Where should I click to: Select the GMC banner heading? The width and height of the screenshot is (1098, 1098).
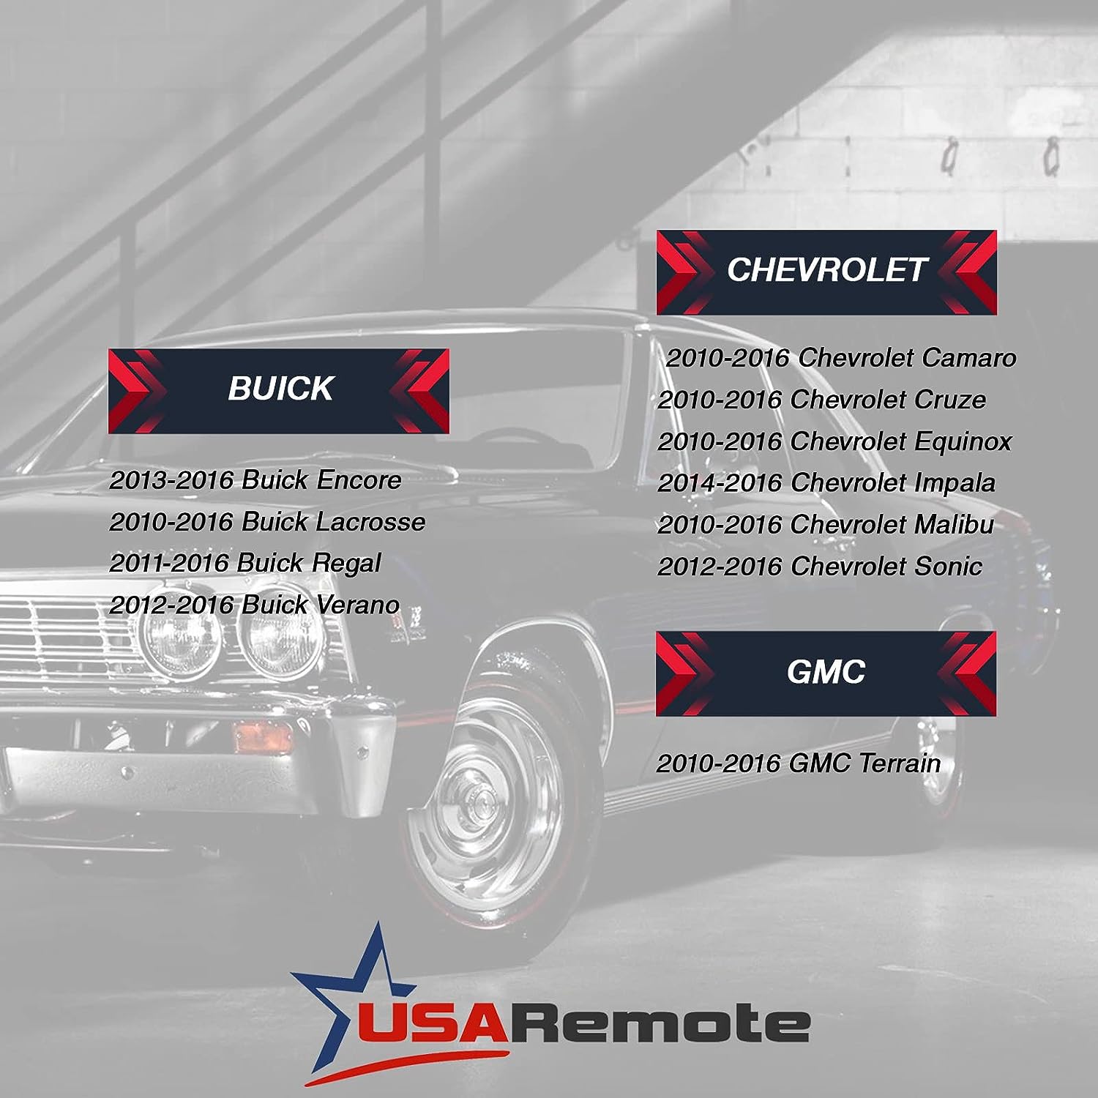pyautogui.click(x=826, y=672)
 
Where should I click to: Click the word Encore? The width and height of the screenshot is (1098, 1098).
pyautogui.click(x=359, y=480)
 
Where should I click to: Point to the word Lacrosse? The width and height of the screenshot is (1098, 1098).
pyautogui.click(x=370, y=522)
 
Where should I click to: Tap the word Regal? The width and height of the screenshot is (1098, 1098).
pyautogui.click(x=346, y=564)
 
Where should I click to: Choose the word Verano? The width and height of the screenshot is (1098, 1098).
pyautogui.click(x=358, y=605)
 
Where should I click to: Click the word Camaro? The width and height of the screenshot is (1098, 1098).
pyautogui.click(x=969, y=358)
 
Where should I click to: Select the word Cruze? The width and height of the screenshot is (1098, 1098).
pyautogui.click(x=950, y=400)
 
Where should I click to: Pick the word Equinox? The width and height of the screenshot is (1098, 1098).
pyautogui.click(x=963, y=441)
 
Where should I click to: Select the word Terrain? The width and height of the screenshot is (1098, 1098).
pyautogui.click(x=900, y=763)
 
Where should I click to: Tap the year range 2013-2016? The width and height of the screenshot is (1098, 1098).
pyautogui.click(x=172, y=480)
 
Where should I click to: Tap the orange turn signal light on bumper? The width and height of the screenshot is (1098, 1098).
pyautogui.click(x=261, y=736)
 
